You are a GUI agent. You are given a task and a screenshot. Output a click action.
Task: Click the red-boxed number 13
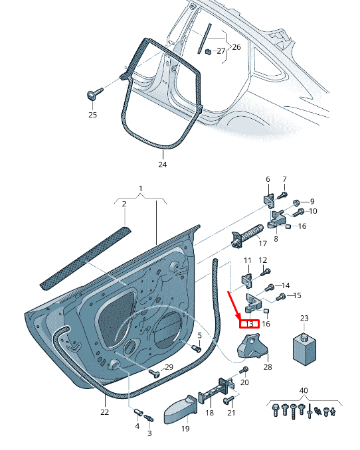250,324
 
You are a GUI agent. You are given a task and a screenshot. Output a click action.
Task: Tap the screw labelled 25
92,94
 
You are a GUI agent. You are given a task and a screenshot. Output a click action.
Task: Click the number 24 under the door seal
162,164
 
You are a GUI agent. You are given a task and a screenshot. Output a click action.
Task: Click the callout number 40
304,390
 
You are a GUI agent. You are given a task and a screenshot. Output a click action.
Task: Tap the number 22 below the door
104,412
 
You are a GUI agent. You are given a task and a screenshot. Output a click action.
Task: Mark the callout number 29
169,367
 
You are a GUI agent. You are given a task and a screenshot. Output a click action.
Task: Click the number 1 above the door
140,189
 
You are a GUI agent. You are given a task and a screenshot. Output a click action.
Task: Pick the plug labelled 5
196,348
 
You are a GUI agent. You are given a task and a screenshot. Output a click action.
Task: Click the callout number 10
313,211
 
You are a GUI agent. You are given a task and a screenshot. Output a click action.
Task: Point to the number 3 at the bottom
149,433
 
